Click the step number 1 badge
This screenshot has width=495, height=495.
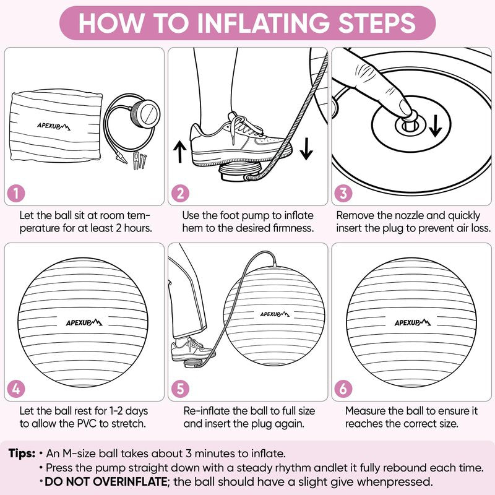pos(16,194)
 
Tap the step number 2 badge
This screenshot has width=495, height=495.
pos(180,194)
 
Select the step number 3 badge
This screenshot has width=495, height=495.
pos(343,194)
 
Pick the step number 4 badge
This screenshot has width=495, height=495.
pos(16,389)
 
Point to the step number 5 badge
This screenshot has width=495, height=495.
pos(180,389)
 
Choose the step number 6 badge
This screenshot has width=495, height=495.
pos(343,389)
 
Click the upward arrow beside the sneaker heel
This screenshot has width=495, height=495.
pos(180,152)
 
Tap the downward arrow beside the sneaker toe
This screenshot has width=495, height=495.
pos(306,148)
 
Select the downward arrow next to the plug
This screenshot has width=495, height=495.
pos(436,126)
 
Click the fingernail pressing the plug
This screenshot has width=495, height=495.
pos(405,107)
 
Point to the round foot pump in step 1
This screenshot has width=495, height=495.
pos(145,114)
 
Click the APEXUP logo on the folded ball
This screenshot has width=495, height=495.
pos(54,126)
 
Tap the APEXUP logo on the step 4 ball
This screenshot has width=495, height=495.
pos(84,322)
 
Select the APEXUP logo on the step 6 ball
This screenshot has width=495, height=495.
pos(413,322)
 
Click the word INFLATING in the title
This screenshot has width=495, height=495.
pos(264,23)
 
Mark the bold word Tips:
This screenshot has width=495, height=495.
pos(22,454)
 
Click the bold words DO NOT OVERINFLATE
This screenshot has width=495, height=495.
pos(106,482)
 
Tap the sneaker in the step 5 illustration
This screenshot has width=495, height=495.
pos(191,349)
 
